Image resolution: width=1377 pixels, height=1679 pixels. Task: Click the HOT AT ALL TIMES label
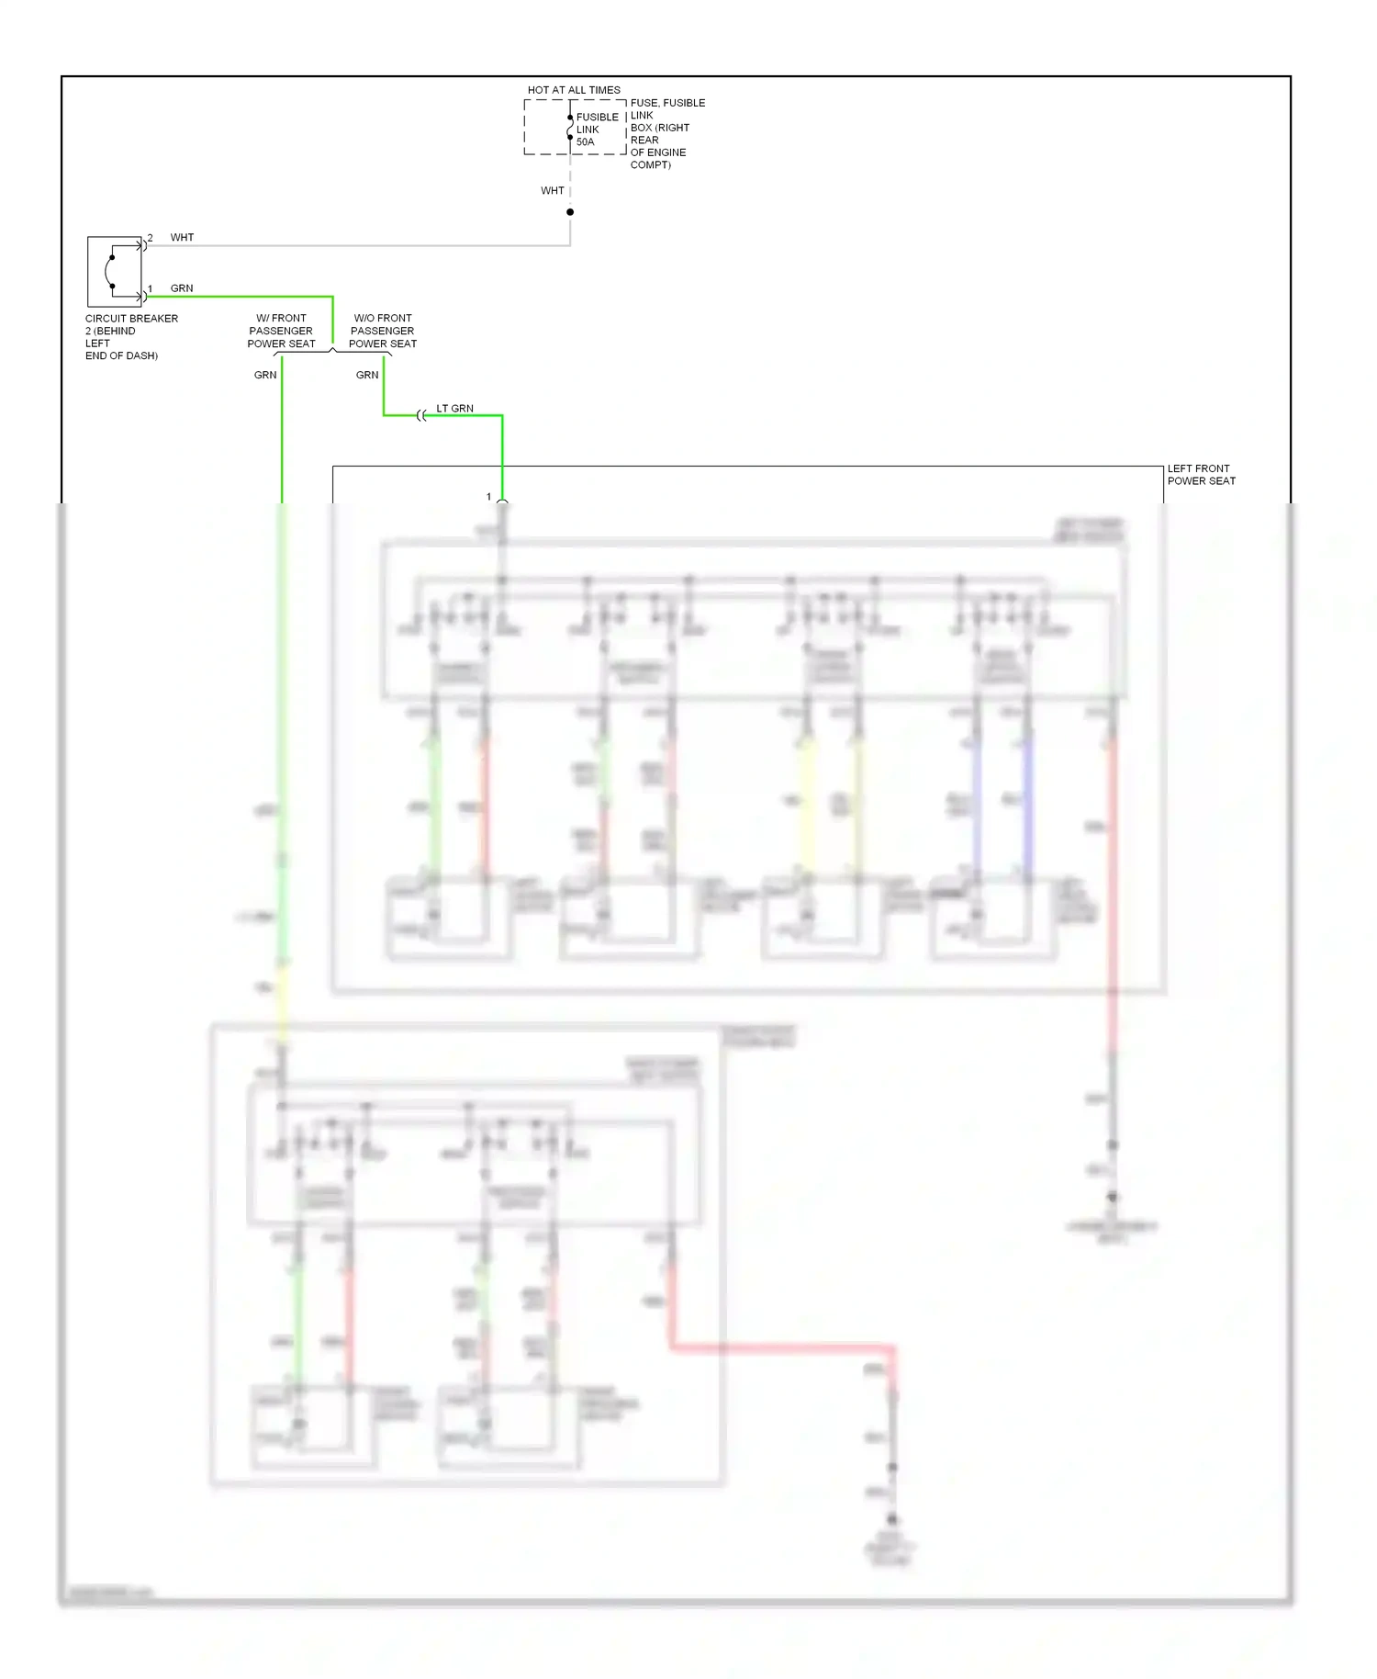[574, 90]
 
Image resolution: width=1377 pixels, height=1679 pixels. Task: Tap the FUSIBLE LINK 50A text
[597, 130]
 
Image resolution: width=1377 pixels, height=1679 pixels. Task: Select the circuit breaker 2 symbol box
[115, 272]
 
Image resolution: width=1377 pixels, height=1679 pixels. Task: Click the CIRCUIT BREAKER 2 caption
[131, 337]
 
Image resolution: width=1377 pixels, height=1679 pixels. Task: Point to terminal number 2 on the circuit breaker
[151, 238]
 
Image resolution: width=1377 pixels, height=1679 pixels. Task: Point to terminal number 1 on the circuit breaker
[151, 288]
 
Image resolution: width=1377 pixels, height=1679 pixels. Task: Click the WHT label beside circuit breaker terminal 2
[182, 238]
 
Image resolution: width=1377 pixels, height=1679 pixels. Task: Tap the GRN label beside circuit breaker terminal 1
[182, 288]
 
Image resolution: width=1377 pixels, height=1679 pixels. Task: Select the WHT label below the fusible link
[552, 191]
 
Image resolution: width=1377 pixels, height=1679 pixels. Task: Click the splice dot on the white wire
[570, 212]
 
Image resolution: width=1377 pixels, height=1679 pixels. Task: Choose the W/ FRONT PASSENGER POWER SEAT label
[281, 331]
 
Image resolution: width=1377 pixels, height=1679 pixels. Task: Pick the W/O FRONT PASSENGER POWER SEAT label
[383, 331]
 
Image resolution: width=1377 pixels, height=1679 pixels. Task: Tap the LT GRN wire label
[454, 409]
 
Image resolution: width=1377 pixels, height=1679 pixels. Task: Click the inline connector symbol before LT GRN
[421, 416]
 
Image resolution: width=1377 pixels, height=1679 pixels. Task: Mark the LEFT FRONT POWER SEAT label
[1201, 475]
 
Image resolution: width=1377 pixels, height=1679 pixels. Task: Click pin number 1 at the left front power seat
[489, 497]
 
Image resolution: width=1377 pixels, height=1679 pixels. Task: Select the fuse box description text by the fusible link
[667, 134]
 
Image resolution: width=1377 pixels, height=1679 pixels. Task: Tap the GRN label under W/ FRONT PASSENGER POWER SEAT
[265, 375]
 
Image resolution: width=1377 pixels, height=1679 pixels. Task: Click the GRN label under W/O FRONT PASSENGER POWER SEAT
[367, 375]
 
